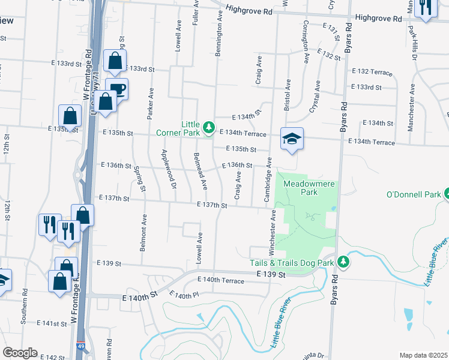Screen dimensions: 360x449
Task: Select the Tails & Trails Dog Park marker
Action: (x=343, y=262)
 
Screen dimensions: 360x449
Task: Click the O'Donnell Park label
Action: (x=413, y=194)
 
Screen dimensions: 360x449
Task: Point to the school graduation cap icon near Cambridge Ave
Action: (x=292, y=139)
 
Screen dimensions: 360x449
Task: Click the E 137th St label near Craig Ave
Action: (x=212, y=206)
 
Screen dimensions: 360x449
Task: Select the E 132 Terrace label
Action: (x=372, y=71)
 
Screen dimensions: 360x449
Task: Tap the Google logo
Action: (x=20, y=353)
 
